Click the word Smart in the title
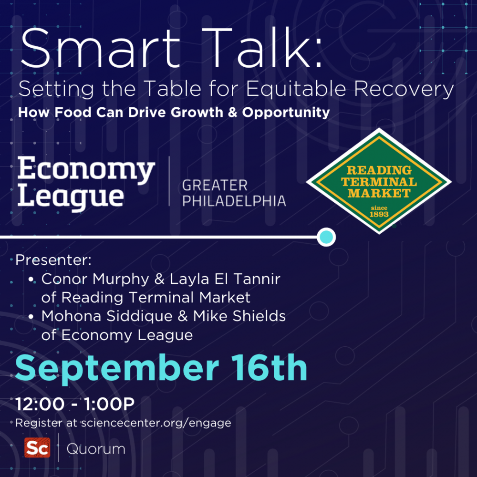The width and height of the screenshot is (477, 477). (x=100, y=48)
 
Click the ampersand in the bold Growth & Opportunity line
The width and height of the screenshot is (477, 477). (x=232, y=113)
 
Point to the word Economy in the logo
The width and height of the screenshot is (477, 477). (x=86, y=170)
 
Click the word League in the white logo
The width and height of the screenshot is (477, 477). (x=71, y=197)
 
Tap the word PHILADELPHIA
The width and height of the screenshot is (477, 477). (x=234, y=201)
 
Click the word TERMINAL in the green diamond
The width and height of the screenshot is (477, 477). (x=379, y=182)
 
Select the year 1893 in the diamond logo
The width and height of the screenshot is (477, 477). (x=379, y=214)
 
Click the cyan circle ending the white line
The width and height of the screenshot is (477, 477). (x=326, y=237)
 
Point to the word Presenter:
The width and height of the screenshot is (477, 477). (x=53, y=260)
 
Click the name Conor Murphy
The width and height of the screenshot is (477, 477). (x=95, y=279)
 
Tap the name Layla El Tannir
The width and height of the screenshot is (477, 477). (x=225, y=279)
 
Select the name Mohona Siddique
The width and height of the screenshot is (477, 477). (x=107, y=316)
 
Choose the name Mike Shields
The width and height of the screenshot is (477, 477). (x=239, y=316)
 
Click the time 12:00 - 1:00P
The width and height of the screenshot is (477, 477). (x=75, y=404)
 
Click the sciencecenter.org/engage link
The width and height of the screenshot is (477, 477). (x=156, y=423)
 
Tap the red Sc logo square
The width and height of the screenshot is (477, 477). (x=37, y=447)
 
